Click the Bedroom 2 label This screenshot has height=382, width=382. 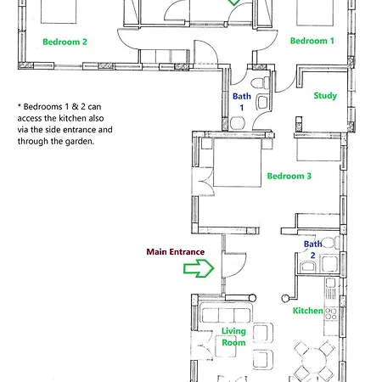[65, 42]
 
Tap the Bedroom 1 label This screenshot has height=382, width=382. [312, 41]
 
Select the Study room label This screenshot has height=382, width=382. [325, 96]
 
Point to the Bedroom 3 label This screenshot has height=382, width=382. [289, 176]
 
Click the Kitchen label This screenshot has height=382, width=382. [307, 311]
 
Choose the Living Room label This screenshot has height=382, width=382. [233, 337]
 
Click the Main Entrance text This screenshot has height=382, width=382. [176, 252]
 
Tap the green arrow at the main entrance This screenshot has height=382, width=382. [199, 268]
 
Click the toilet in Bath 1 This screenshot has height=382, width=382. [260, 83]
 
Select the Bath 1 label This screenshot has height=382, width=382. [242, 102]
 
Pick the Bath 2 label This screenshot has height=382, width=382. [312, 250]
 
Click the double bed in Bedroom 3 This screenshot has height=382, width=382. [237, 162]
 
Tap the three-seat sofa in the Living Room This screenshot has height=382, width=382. [226, 313]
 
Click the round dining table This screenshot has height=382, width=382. [314, 361]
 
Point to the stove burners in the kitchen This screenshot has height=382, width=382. [331, 314]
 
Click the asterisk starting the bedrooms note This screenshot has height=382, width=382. [20, 106]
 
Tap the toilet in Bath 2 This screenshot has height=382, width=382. [331, 243]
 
